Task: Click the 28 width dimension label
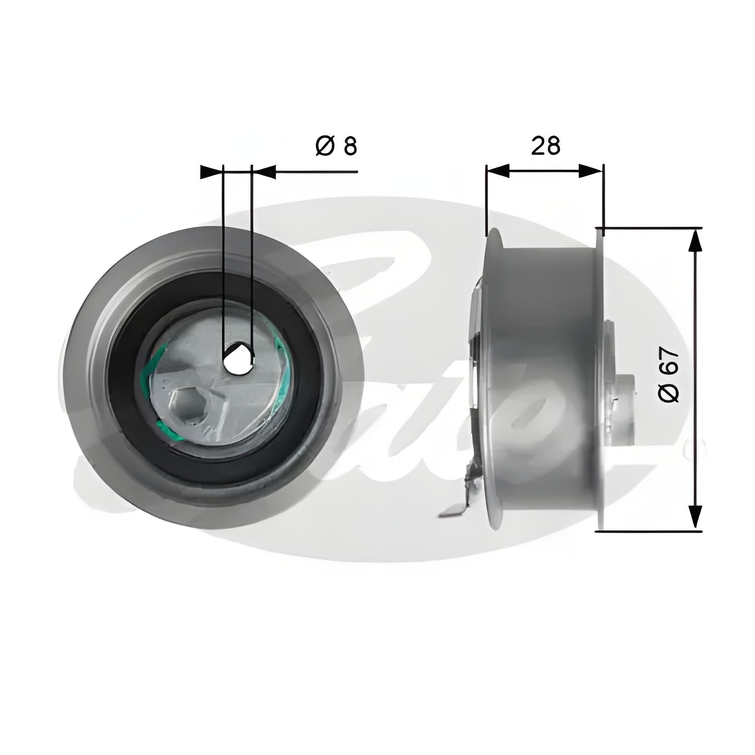click(x=545, y=146)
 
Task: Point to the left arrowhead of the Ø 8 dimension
click(x=211, y=171)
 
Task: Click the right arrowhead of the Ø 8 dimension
click(x=264, y=171)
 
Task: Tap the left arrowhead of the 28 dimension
click(x=498, y=171)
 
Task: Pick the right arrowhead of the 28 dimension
click(x=591, y=171)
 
